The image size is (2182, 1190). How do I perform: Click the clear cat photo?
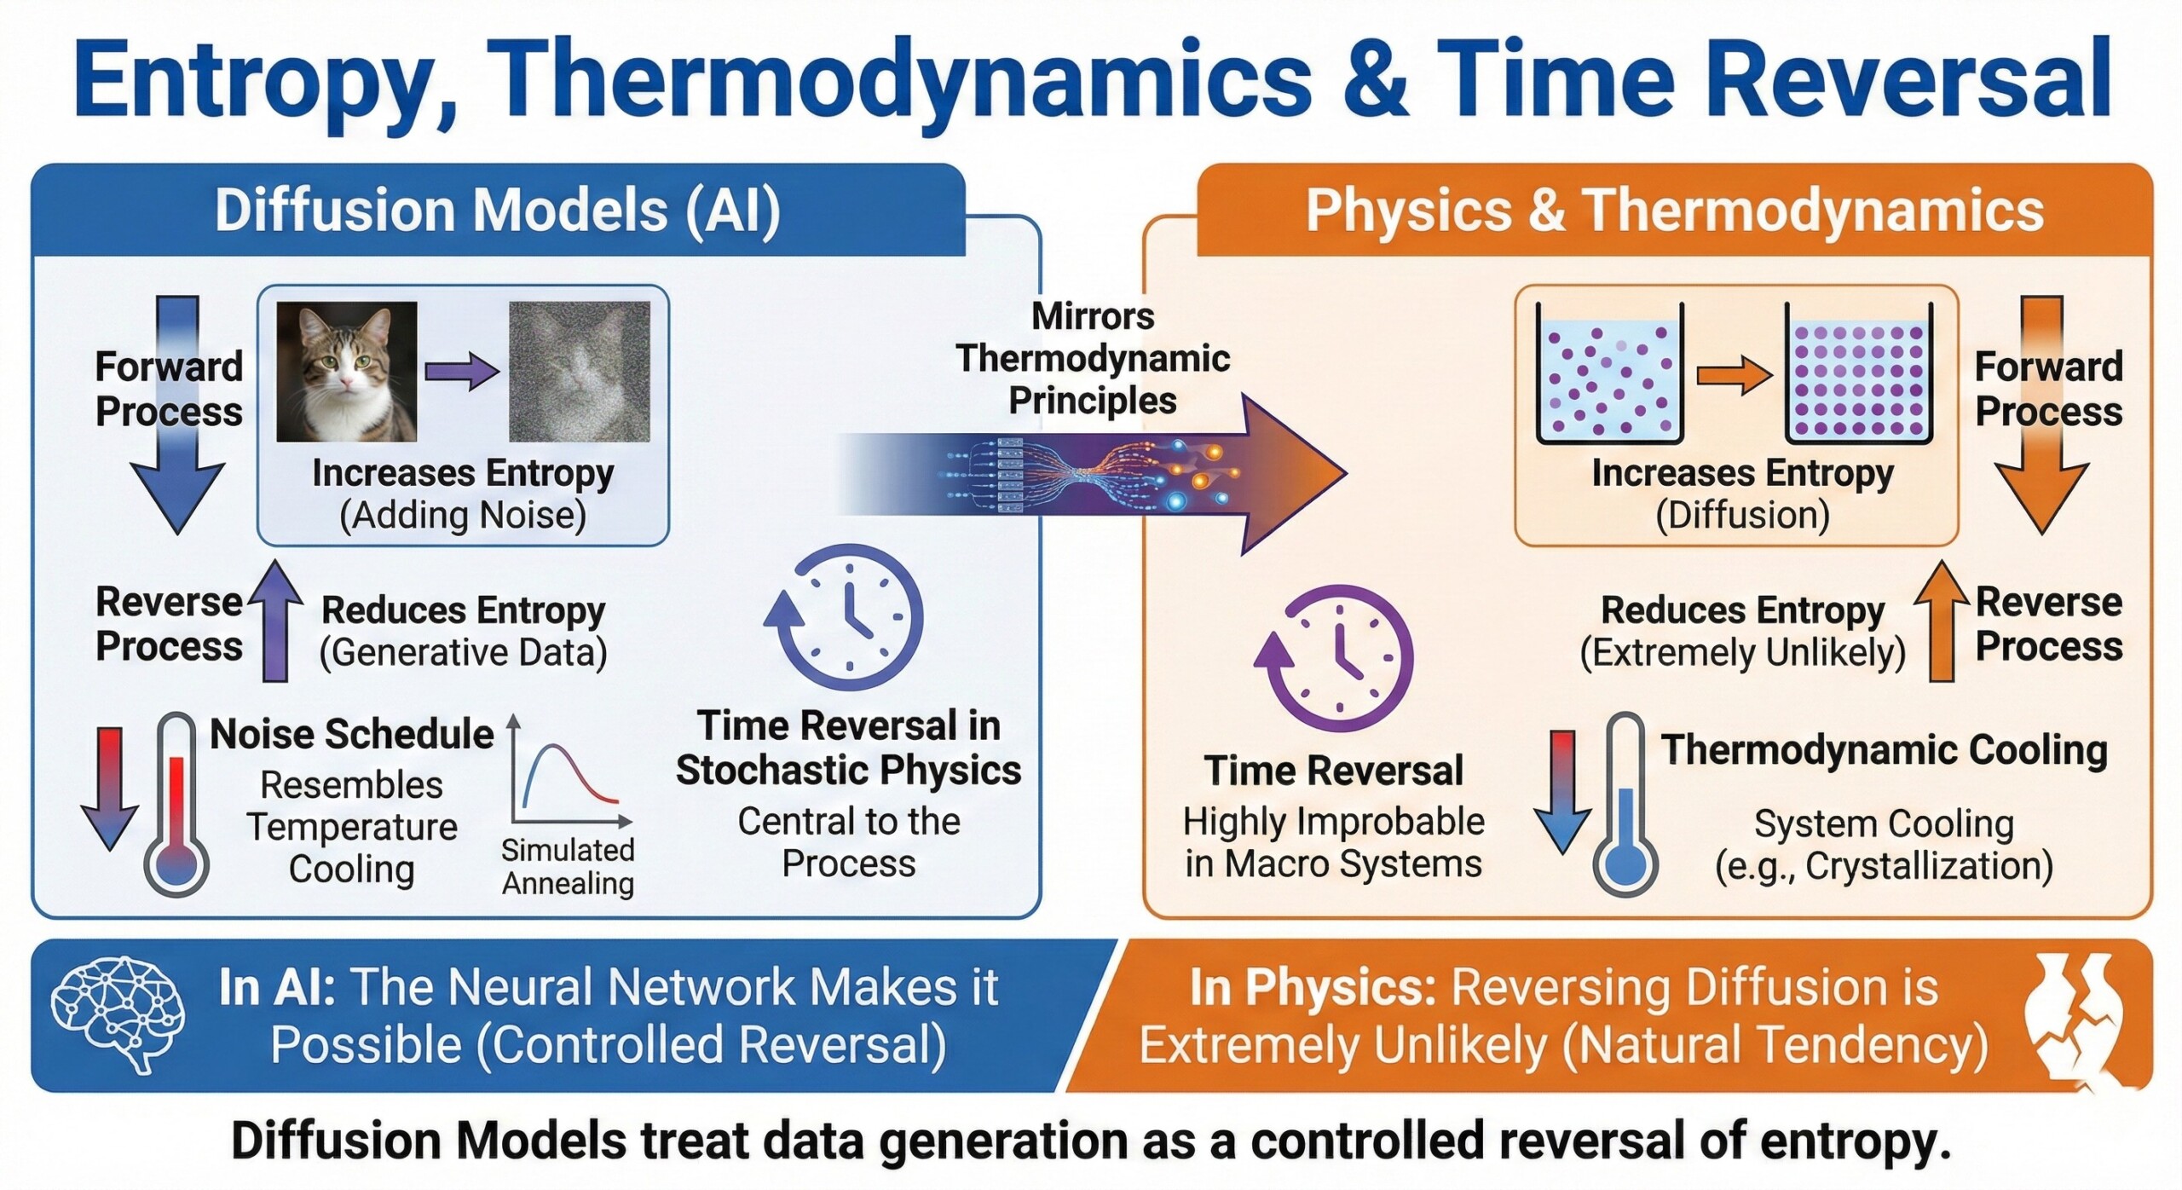[347, 372]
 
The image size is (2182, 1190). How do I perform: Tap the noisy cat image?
[580, 372]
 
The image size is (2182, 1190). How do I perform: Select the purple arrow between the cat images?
[462, 372]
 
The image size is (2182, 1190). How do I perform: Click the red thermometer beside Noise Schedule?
[176, 804]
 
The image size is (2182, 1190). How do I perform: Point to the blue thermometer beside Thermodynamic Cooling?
[1625, 804]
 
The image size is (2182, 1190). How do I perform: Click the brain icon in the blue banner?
[117, 1014]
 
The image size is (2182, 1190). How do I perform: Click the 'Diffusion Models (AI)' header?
[498, 210]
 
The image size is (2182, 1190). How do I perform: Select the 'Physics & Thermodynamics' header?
[1675, 210]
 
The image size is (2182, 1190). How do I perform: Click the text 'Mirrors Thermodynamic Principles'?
[1093, 358]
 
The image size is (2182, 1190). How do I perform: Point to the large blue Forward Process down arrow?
[177, 414]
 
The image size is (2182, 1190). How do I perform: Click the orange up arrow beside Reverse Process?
[1941, 621]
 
